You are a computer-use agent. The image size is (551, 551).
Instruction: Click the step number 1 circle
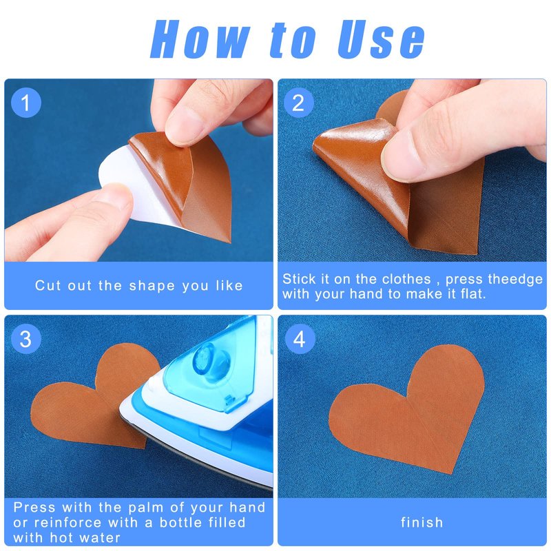pos(26,103)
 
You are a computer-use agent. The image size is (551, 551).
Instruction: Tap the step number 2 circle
pos(299,103)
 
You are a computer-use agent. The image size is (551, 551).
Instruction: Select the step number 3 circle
pos(26,339)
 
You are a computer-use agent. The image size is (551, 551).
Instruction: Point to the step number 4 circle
pos(300,339)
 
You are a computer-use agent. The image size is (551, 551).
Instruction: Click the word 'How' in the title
pos(200,39)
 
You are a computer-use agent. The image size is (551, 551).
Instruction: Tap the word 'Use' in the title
pos(382,39)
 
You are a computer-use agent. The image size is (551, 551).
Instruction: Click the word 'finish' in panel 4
pos(422,522)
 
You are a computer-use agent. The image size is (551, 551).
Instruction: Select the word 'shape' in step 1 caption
pos(152,286)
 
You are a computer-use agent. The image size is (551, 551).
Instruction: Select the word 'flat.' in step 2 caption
pos(473,294)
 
